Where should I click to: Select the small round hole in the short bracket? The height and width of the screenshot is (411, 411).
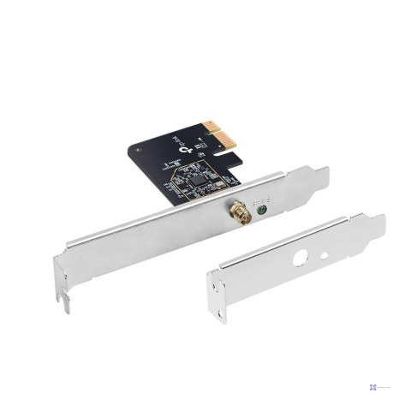[329, 255]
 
